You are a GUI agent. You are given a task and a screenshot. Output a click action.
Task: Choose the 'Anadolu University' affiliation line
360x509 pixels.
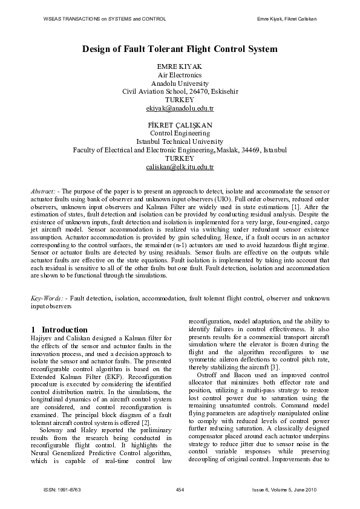click(x=180, y=83)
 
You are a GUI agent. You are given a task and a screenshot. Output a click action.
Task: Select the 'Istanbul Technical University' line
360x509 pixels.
click(x=180, y=141)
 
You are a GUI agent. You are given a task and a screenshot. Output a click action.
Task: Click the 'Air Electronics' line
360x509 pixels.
click(x=180, y=75)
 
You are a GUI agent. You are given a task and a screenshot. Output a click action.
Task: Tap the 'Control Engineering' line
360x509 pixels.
click(x=180, y=132)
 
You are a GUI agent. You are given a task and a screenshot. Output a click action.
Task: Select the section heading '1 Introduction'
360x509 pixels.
click(x=54, y=328)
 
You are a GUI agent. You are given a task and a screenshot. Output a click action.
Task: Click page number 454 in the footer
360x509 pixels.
click(x=180, y=488)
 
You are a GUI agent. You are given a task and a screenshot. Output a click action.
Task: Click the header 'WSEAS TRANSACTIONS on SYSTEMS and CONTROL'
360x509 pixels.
click(x=105, y=19)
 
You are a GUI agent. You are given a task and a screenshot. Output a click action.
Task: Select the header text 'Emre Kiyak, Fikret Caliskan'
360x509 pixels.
click(x=287, y=19)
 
